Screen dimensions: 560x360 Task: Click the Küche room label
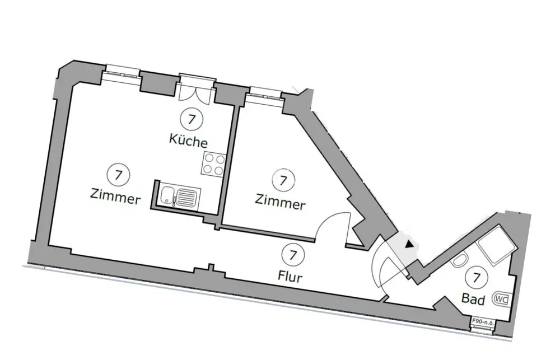188,141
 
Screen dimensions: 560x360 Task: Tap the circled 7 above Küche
192,119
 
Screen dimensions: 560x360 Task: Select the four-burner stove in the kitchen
214,163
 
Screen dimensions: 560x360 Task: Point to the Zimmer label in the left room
115,197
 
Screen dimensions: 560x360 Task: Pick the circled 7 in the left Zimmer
118,174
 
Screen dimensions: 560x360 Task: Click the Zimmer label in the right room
280,202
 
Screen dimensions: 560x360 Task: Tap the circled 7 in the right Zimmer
283,180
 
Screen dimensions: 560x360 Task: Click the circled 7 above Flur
292,255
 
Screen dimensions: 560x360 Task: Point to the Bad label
473,300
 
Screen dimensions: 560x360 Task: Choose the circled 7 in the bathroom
477,277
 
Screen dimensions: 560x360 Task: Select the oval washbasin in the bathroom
460,261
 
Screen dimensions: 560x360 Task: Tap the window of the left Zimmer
123,72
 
